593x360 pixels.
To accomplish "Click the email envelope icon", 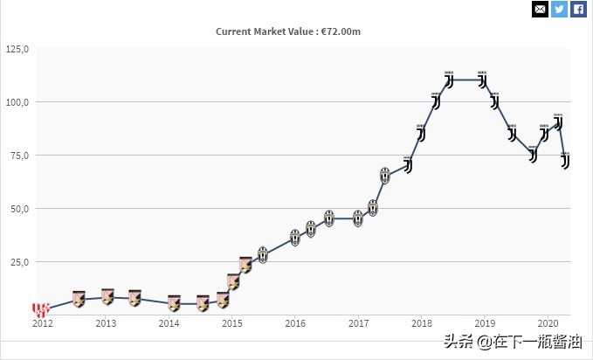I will (540, 9).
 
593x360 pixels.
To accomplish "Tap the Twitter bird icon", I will (559, 9).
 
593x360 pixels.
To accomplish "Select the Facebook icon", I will (578, 9).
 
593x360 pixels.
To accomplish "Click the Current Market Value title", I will (288, 31).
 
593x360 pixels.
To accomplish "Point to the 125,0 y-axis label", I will (17, 49).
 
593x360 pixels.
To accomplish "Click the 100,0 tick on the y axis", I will (17, 102).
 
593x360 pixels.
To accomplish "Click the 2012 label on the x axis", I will (43, 323).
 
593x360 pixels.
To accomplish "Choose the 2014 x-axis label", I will (169, 323).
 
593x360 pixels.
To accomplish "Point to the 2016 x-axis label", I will (295, 323).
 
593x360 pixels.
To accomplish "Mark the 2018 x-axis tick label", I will (421, 323).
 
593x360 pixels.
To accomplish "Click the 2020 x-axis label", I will (548, 323).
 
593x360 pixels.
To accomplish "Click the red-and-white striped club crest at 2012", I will (41, 309).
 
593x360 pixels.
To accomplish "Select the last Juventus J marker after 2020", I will (565, 161).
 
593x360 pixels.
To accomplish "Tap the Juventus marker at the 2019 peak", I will (482, 80).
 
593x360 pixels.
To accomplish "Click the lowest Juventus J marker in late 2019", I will (533, 155).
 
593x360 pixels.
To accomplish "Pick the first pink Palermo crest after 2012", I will (79, 299).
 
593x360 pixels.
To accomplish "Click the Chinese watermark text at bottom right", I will (513, 342).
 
